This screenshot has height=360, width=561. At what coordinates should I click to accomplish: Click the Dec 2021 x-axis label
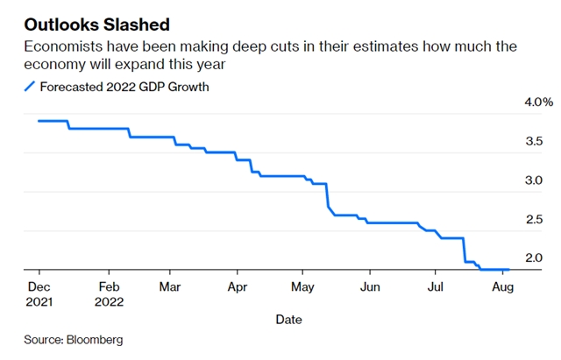coord(39,293)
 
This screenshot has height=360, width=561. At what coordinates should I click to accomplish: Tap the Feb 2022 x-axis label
coord(109,293)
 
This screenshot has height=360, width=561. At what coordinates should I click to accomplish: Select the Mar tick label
coord(171,286)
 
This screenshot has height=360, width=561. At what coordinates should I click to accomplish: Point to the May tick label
coord(302,286)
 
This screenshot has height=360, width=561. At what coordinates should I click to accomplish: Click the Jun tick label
coord(370,286)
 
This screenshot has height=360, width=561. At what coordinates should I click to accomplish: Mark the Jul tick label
coord(436,286)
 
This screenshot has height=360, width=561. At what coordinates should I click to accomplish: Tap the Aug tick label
coord(501,286)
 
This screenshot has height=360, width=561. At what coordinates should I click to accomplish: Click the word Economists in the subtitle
coord(63,46)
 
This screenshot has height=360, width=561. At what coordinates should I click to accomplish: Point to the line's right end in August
coord(509,270)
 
